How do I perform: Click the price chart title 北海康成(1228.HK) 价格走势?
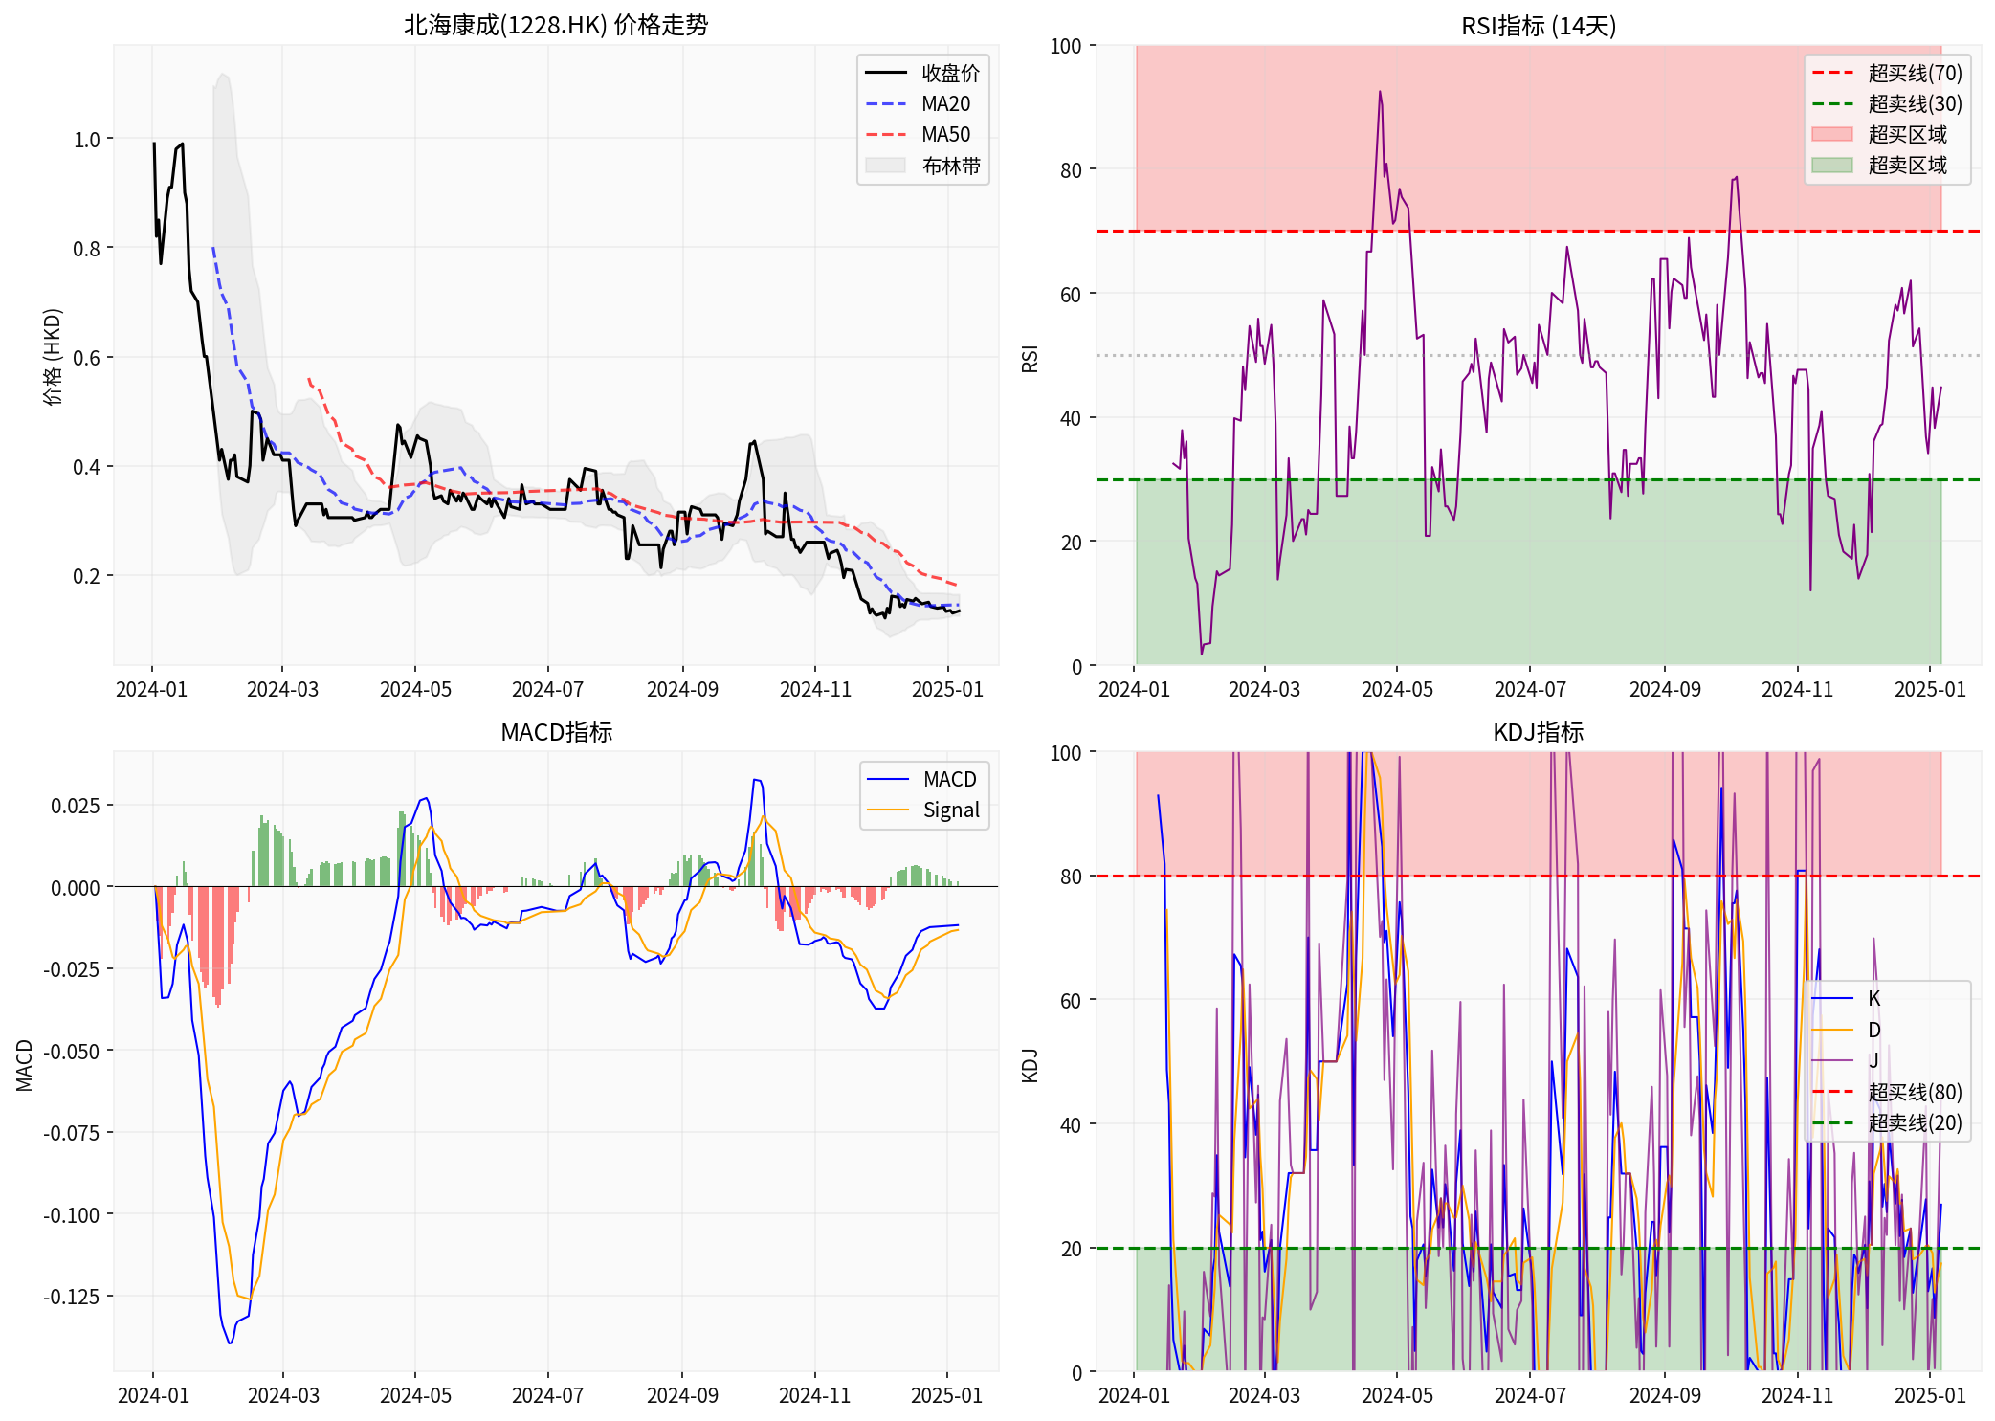556,25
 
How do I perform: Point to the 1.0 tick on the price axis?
87,140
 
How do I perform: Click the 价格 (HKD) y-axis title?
53,356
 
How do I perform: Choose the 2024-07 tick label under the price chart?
547,689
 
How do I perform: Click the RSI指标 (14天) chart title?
1538,26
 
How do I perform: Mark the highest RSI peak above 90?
1380,92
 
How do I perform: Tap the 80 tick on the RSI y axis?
1071,170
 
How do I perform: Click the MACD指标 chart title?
556,732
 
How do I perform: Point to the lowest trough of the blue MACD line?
230,1343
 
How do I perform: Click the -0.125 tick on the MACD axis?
71,1297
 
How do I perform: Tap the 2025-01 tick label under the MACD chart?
946,1395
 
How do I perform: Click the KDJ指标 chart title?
1538,732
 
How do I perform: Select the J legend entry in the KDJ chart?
1873,1060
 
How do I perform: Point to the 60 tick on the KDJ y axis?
1071,1001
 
